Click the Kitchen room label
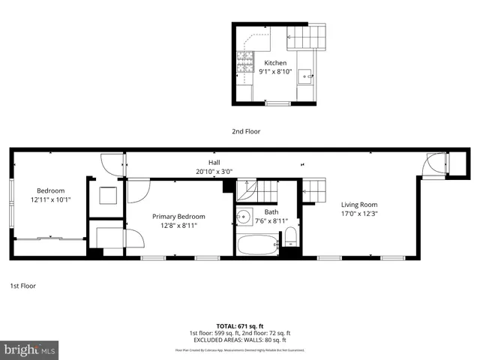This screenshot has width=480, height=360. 274,63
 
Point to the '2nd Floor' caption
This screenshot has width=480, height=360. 245,130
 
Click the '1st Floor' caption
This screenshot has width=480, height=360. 22,286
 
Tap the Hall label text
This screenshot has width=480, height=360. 214,162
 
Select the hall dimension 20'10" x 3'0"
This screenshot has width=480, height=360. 214,171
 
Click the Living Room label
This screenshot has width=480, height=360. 359,204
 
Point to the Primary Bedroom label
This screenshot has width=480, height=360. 178,217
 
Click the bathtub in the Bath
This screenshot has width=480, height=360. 257,244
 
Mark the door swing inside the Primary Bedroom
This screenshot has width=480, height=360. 138,191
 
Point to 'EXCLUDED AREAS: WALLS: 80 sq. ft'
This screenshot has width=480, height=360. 240,339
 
